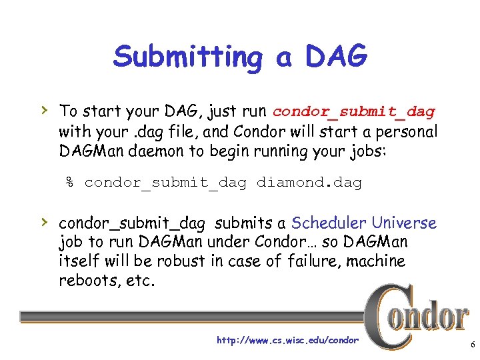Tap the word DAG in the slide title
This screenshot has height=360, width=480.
(336, 57)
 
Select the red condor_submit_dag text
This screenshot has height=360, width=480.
(353, 111)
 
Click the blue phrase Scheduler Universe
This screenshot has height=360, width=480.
(363, 223)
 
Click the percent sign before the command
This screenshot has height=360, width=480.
(69, 182)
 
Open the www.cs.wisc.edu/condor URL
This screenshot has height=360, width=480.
(287, 341)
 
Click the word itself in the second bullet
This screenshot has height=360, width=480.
(79, 261)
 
